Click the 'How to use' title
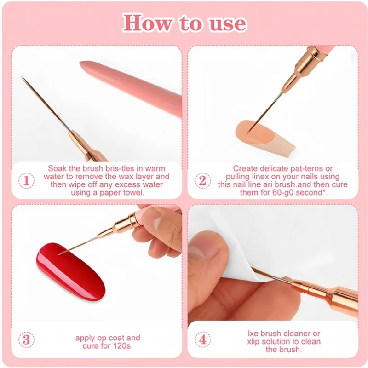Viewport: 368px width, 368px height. coord(184,23)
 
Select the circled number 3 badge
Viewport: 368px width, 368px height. coord(26,340)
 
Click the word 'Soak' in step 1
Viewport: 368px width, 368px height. coord(57,168)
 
